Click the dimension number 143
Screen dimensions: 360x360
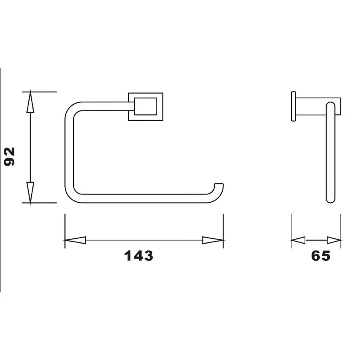(x=138, y=256)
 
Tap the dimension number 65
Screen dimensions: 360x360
(x=321, y=256)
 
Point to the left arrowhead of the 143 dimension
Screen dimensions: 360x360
(x=75, y=240)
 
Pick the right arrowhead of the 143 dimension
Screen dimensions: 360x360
(x=212, y=240)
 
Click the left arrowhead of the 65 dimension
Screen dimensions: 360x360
(x=298, y=240)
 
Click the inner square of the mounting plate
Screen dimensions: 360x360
(x=146, y=106)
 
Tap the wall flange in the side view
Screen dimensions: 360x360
(x=293, y=106)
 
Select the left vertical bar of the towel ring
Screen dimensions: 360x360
(x=69, y=152)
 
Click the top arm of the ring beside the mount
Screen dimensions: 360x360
(x=104, y=106)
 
